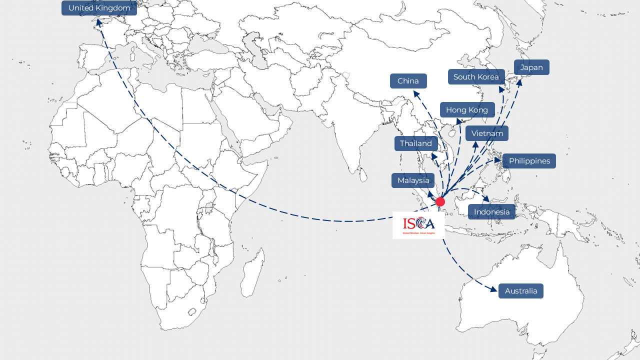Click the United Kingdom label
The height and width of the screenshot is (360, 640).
tap(99, 8)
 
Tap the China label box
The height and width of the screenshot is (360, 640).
tap(408, 81)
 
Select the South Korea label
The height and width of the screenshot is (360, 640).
tap(476, 77)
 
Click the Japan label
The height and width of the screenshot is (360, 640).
tap(531, 67)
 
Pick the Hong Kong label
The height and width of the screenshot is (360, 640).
tap(467, 110)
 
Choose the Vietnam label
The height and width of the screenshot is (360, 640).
tap(487, 133)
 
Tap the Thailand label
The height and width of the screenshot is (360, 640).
tap(415, 143)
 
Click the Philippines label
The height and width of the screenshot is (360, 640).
tap(529, 161)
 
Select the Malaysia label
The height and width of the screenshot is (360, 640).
tap(413, 180)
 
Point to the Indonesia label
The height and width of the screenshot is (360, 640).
tap(491, 212)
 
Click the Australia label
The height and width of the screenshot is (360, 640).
tap(520, 291)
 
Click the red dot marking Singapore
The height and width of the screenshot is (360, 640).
tap(440, 201)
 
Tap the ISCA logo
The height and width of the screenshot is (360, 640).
tap(418, 225)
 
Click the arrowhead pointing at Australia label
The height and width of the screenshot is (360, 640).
tap(494, 289)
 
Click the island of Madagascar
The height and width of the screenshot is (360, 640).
tap(252, 272)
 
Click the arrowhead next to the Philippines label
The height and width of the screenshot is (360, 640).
tap(498, 160)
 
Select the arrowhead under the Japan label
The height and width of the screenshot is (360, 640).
tap(519, 81)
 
